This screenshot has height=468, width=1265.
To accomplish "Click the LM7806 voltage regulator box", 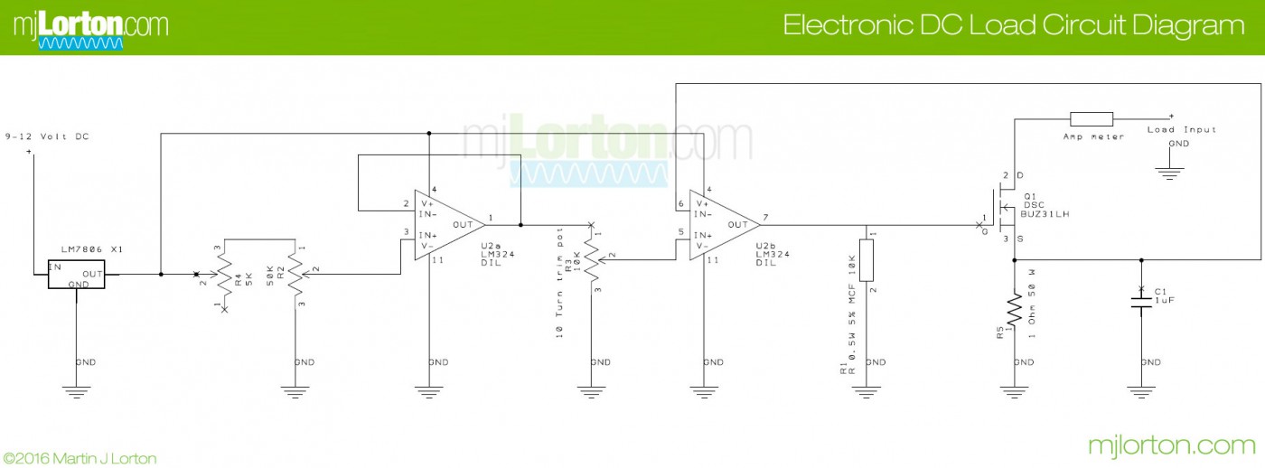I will pos(76,275).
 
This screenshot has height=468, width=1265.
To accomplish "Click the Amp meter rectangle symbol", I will pos(1091,118).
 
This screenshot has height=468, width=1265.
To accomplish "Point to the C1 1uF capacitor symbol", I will pos(1141,302).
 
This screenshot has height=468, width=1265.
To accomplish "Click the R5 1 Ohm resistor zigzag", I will pos(1014,312).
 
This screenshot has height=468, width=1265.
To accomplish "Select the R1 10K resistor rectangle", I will pos(867,260).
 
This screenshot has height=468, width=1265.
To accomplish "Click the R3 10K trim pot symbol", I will pos(594,259).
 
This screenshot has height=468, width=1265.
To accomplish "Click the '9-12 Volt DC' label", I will pos(47,136).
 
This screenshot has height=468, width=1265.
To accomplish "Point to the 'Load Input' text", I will pos(1182,130).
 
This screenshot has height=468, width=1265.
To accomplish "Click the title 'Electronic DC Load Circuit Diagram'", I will pos(1013,25).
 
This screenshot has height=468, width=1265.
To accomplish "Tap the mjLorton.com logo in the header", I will pos(90,27).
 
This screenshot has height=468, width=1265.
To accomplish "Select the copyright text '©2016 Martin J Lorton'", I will pos(80,458).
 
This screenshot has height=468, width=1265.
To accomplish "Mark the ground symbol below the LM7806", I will pos(76,390).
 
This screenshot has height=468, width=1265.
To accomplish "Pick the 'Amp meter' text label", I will pos(1093,136).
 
